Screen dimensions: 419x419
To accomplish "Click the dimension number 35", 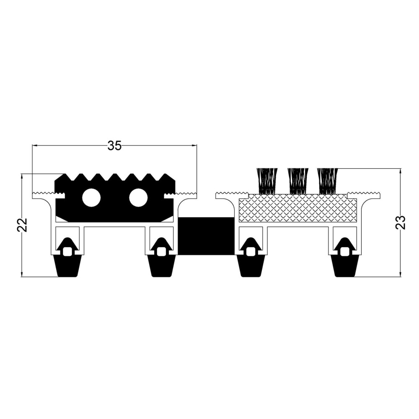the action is pyautogui.click(x=114, y=146).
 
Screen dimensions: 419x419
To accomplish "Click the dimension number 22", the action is pyautogui.click(x=23, y=225).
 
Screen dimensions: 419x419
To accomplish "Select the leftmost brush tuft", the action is pyautogui.click(x=266, y=181).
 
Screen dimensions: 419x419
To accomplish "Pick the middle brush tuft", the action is pyautogui.click(x=297, y=181).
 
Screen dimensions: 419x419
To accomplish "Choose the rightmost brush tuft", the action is pyautogui.click(x=327, y=181).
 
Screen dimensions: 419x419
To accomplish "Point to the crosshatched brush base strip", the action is pyautogui.click(x=297, y=208).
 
